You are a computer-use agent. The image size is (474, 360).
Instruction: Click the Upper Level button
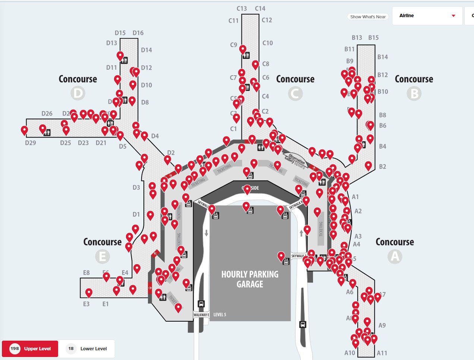30,349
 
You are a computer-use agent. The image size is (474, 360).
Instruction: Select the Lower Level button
86,349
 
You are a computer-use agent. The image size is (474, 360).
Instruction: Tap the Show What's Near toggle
368,17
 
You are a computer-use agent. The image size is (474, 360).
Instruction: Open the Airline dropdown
427,16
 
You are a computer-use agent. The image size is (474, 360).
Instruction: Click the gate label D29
31,143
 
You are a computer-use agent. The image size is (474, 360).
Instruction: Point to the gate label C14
260,9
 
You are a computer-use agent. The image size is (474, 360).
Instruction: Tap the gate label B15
373,38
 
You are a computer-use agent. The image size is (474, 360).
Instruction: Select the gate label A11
382,353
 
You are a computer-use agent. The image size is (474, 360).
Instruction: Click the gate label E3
86,304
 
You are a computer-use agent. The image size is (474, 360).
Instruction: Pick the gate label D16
138,33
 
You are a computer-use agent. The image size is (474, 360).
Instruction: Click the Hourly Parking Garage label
250,279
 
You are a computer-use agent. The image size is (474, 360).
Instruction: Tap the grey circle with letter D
78,93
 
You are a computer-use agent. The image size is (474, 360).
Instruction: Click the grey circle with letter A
395,256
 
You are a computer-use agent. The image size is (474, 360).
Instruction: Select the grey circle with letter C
295,93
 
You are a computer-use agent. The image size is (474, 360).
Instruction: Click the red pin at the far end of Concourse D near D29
24,130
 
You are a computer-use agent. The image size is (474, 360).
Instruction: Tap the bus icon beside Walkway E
201,304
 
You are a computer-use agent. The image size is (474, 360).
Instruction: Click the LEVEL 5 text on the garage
220,315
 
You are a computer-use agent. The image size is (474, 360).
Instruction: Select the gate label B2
382,167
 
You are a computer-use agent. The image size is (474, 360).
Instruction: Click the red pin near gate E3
89,293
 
